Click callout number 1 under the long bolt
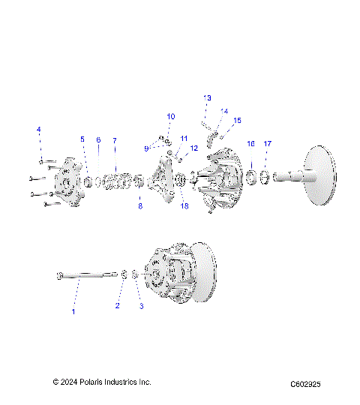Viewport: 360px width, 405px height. [x=73, y=311]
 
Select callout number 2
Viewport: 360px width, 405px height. [x=117, y=305]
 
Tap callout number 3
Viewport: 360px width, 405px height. [x=139, y=305]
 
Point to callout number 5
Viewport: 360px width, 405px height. [x=82, y=139]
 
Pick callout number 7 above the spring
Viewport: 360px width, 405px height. [x=115, y=140]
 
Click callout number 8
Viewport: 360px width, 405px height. [x=139, y=205]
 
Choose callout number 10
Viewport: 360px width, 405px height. [x=170, y=116]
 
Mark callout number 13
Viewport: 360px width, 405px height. [x=208, y=98]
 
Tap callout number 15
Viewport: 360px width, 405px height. [x=238, y=120]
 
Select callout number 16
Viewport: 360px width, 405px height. [x=251, y=143]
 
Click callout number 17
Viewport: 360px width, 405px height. [x=267, y=143]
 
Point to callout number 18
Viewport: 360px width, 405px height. [x=184, y=206]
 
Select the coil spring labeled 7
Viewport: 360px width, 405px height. [x=116, y=181]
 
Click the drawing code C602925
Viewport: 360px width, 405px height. [x=305, y=383]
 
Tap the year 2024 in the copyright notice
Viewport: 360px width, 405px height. [x=71, y=382]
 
